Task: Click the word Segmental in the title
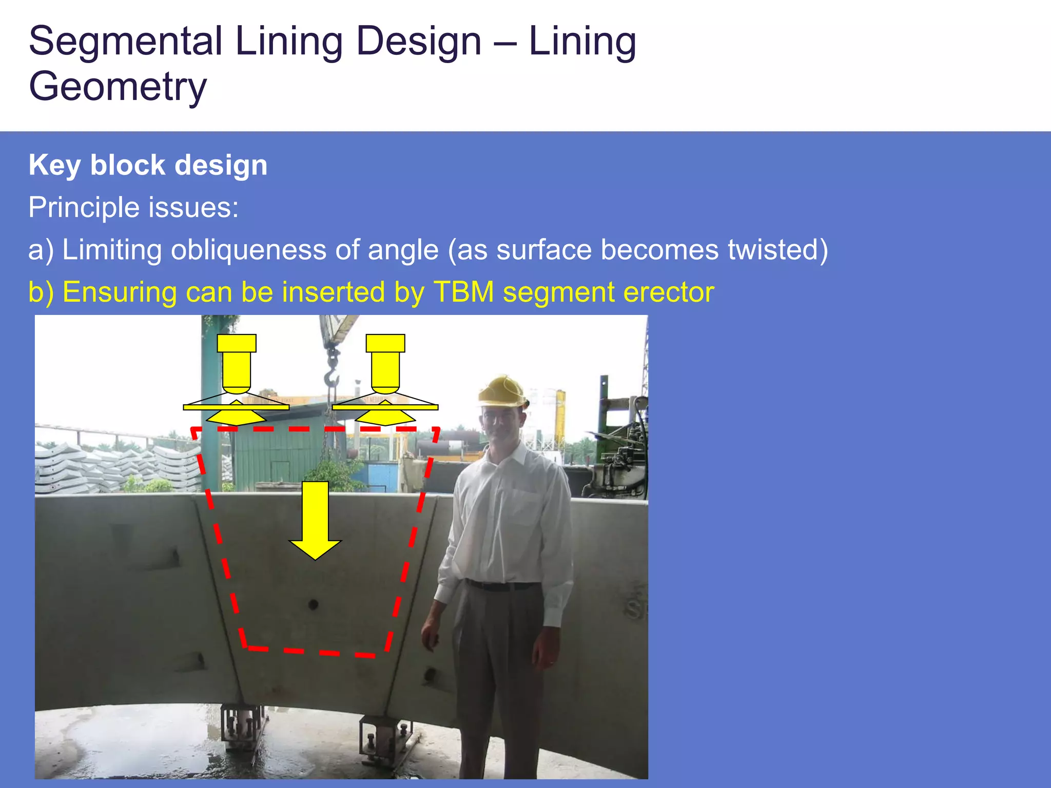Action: (126, 41)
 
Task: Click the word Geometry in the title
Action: (118, 86)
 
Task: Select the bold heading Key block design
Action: (148, 165)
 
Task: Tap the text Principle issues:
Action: (133, 207)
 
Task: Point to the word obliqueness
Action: (248, 250)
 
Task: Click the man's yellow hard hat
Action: (502, 391)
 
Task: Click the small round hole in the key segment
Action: (314, 605)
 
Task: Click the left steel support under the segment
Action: (242, 728)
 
